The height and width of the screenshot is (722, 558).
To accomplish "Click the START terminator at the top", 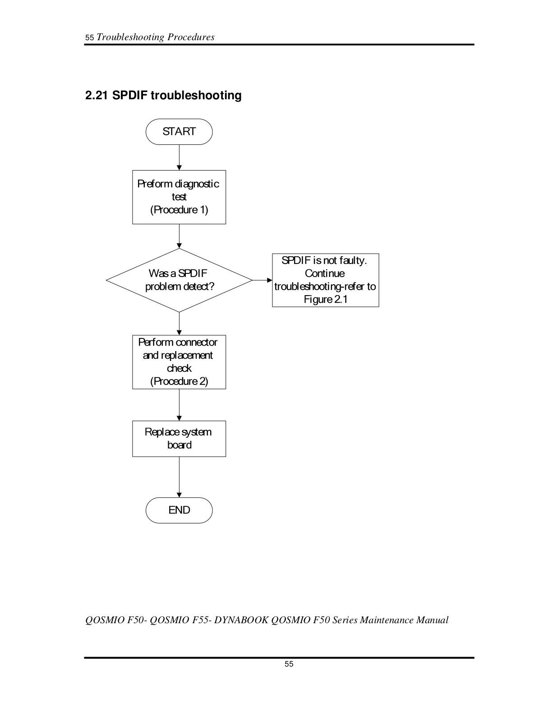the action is [179, 132].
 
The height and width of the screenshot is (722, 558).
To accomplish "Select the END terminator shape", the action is [179, 510].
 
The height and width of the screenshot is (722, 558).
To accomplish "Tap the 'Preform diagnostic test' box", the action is [179, 197].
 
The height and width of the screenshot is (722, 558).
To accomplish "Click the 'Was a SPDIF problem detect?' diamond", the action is [179, 280].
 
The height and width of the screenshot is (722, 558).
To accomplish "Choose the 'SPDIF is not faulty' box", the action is [326, 280].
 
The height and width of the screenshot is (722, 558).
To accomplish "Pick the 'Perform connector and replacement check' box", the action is [179, 362].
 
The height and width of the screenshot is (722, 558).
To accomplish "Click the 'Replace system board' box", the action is [179, 439].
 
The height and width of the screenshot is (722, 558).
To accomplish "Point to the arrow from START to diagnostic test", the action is [179, 157].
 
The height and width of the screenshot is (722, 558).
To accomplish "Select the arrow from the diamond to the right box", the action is [263, 280].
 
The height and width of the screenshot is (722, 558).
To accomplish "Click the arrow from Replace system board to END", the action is [179, 477].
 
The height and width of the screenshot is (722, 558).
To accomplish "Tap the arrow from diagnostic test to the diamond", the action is [179, 236].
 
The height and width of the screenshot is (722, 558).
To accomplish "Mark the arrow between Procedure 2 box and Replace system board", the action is [179, 405].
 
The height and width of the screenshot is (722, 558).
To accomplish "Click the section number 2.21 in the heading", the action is [97, 95].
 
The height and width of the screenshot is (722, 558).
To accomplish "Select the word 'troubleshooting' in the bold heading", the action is [196, 95].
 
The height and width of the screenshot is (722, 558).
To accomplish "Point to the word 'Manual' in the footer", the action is [432, 620].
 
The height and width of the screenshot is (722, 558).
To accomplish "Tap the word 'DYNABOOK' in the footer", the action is [241, 620].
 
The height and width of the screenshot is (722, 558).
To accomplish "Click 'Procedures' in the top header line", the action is [191, 37].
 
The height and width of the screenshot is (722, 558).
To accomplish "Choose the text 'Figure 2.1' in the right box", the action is [326, 299].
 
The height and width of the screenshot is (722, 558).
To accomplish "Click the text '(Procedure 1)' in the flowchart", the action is [179, 210].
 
